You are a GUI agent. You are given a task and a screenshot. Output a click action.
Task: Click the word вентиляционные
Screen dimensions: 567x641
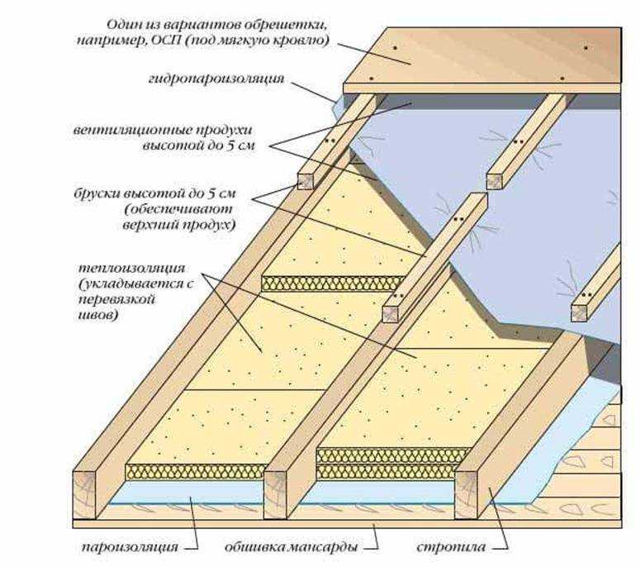pos(131,130)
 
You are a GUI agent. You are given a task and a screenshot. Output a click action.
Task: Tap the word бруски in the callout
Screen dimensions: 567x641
pos(93,193)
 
